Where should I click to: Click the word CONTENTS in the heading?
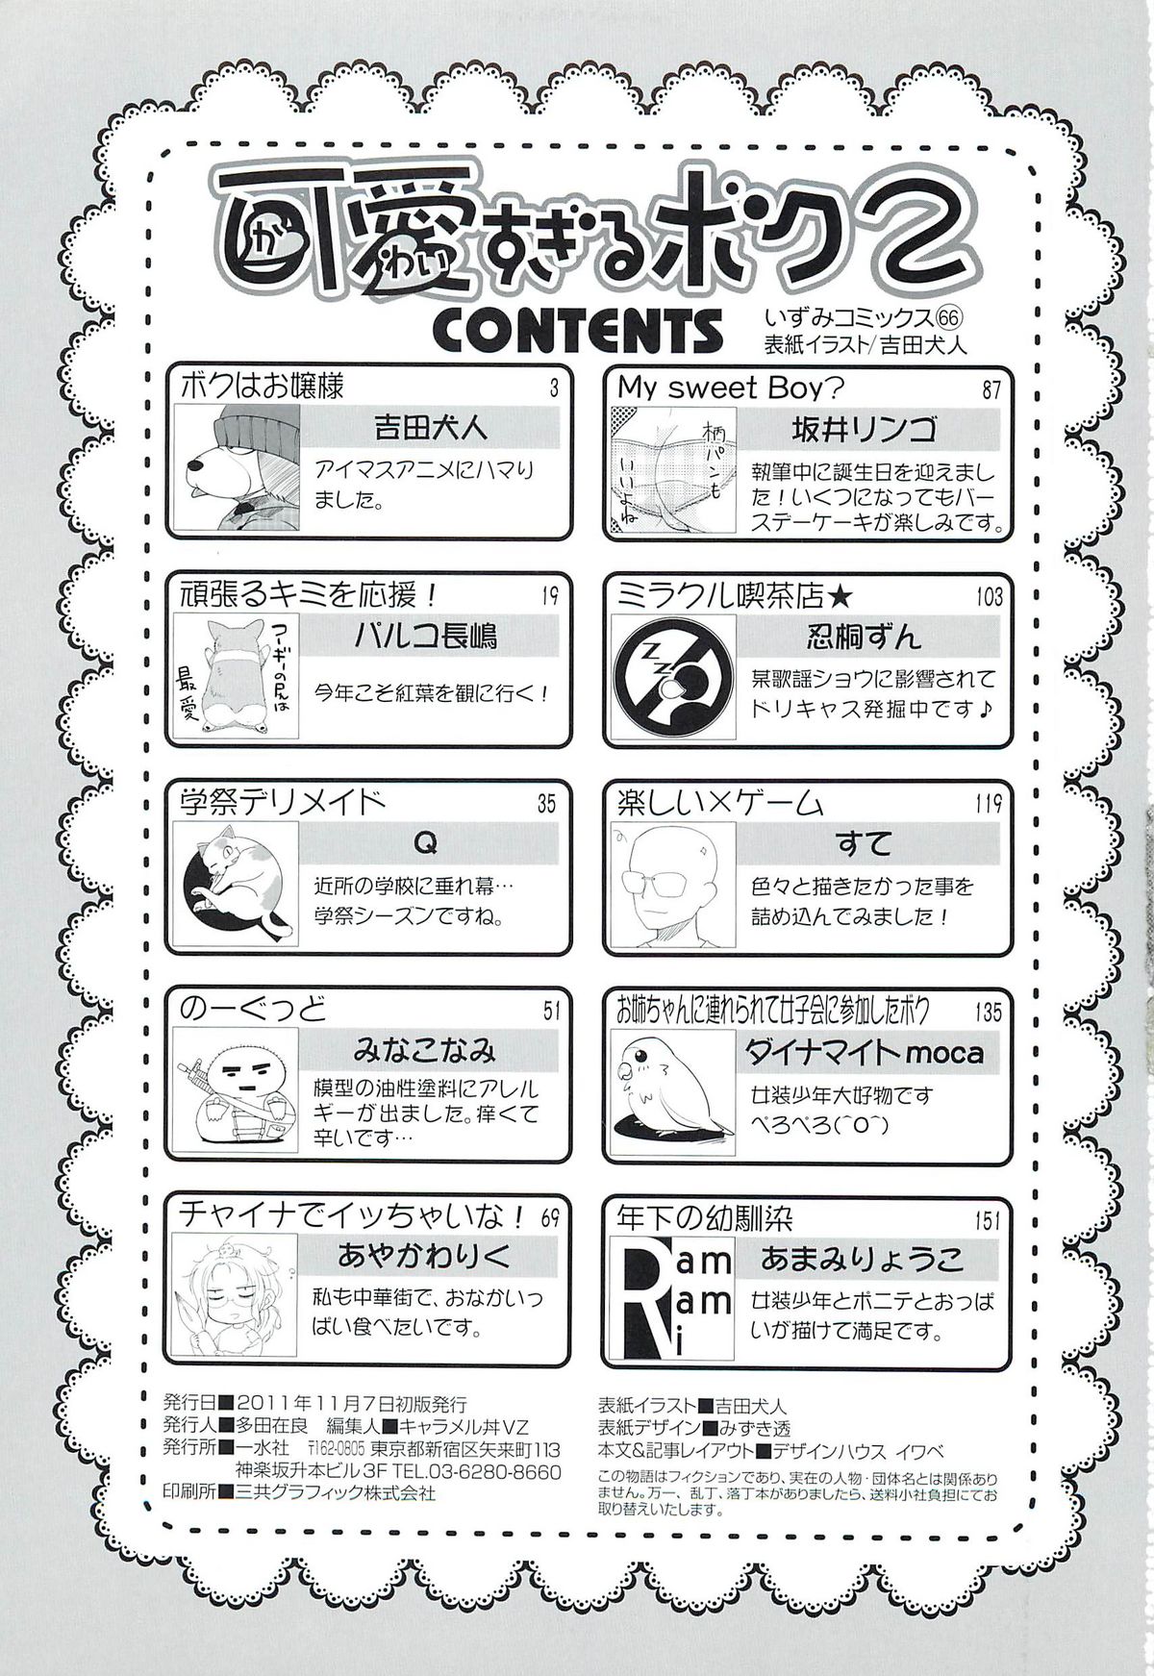pyautogui.click(x=579, y=330)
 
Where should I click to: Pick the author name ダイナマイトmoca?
pyautogui.click(x=861, y=1053)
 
